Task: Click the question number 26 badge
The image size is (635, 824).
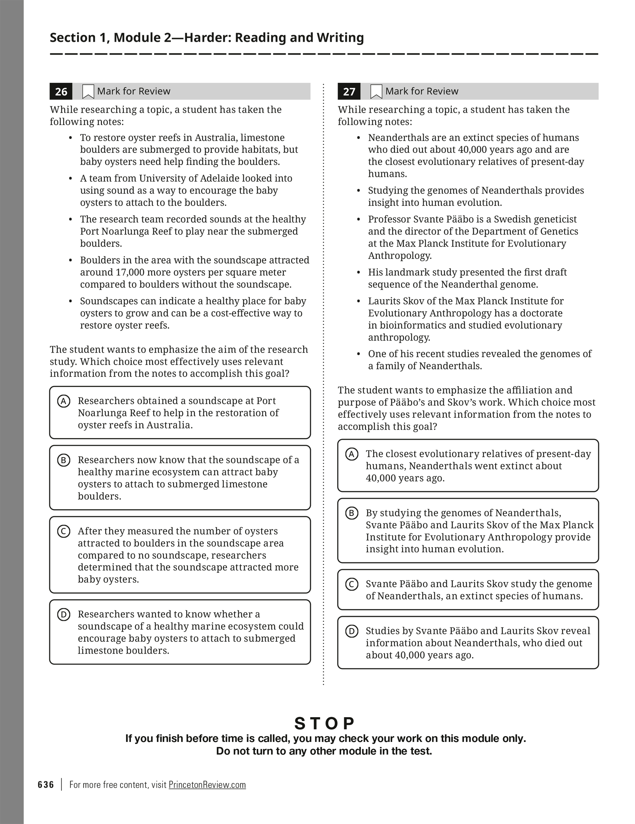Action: [x=61, y=91]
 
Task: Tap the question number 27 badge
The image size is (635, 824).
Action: [x=349, y=91]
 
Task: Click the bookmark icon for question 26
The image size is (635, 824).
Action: [x=88, y=91]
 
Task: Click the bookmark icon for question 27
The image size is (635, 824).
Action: [x=376, y=91]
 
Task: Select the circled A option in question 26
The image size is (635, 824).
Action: [x=63, y=401]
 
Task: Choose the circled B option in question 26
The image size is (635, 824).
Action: [x=63, y=460]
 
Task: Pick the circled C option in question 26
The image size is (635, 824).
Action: [x=63, y=531]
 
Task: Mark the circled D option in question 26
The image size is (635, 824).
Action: [x=63, y=614]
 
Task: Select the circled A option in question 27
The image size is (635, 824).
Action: [x=352, y=454]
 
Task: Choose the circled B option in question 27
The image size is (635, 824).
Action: [x=352, y=513]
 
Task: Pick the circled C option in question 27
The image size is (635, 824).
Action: [x=352, y=584]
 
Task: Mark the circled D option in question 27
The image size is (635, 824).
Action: [x=352, y=631]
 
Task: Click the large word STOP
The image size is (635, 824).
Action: [x=324, y=723]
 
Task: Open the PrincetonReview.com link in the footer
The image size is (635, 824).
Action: [x=207, y=785]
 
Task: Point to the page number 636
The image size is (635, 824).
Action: [x=46, y=785]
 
